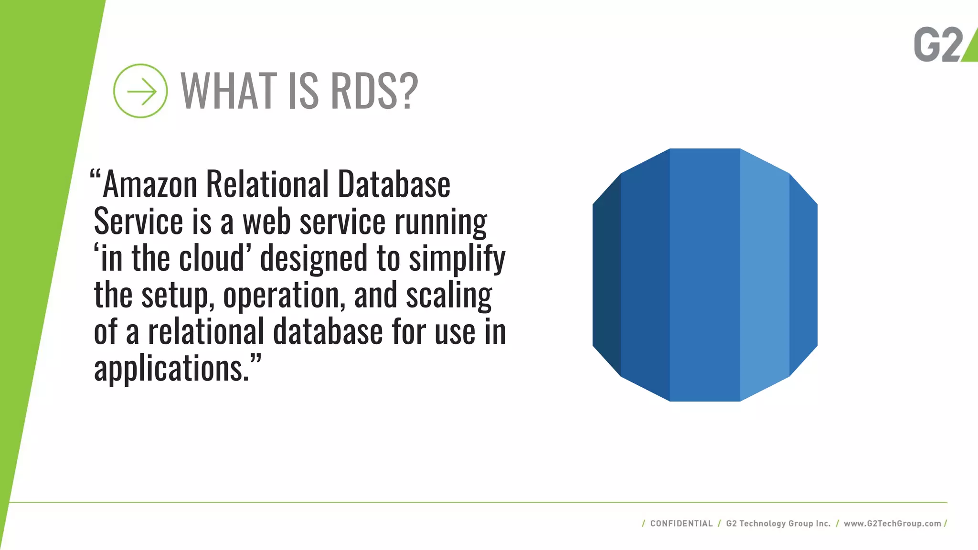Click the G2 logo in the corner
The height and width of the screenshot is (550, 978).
[943, 44]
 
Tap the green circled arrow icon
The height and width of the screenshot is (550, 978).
[140, 91]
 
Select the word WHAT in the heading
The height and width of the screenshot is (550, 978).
[229, 90]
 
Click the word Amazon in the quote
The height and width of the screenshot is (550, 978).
[150, 184]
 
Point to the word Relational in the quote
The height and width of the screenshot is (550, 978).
[267, 184]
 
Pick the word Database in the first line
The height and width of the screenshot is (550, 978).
[394, 184]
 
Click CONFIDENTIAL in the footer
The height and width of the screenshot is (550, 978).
[681, 523]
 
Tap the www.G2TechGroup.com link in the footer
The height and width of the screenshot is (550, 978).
[892, 523]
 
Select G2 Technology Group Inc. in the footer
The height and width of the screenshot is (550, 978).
[778, 523]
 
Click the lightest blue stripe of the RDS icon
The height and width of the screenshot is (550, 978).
[765, 275]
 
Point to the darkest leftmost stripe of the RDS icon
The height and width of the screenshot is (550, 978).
[606, 275]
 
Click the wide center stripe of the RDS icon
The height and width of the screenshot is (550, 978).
[705, 275]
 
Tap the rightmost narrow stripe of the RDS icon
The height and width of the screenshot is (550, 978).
[803, 275]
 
